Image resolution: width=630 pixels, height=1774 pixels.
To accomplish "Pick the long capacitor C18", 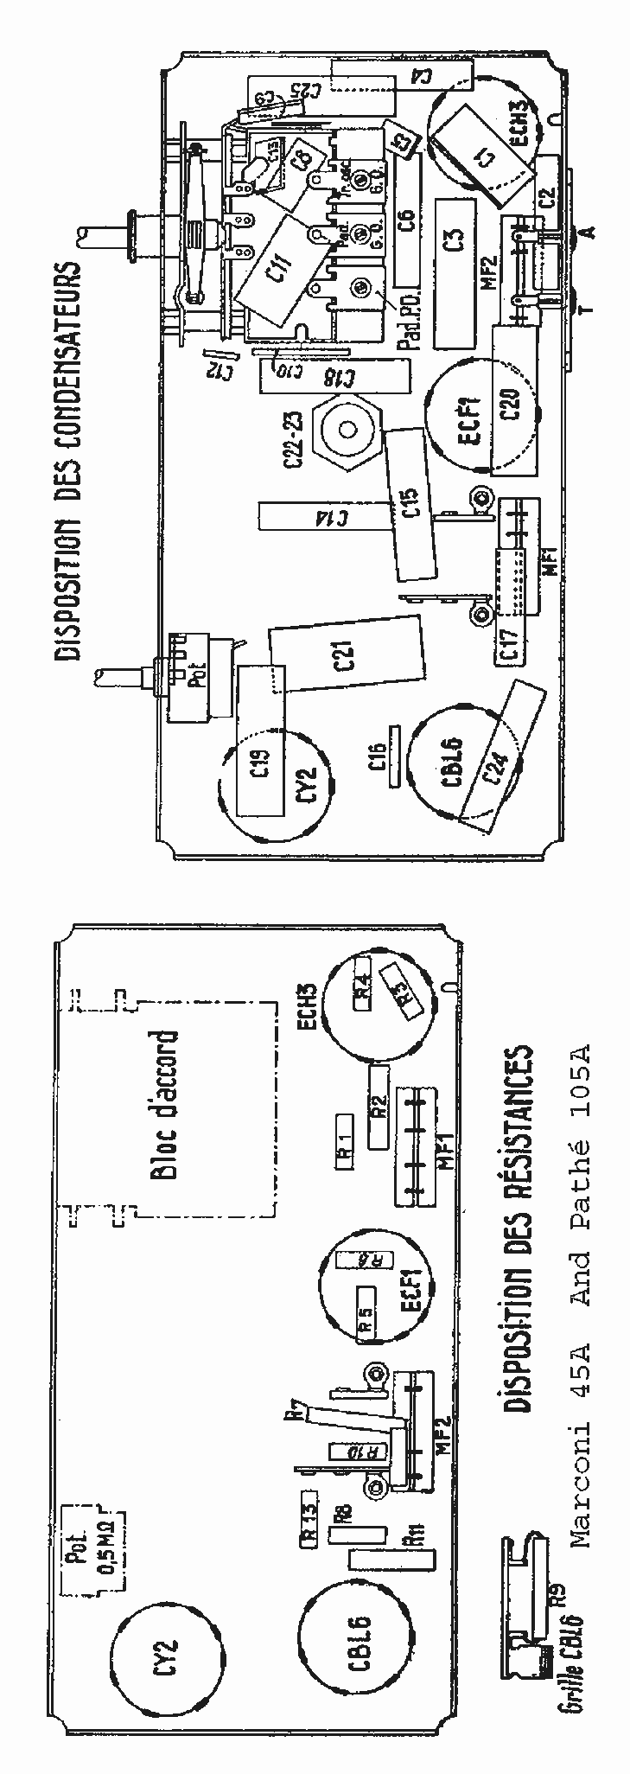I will tap(334, 377).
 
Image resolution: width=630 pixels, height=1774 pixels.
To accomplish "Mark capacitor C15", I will tap(411, 506).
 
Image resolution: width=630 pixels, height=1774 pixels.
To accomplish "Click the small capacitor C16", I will tap(395, 756).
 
